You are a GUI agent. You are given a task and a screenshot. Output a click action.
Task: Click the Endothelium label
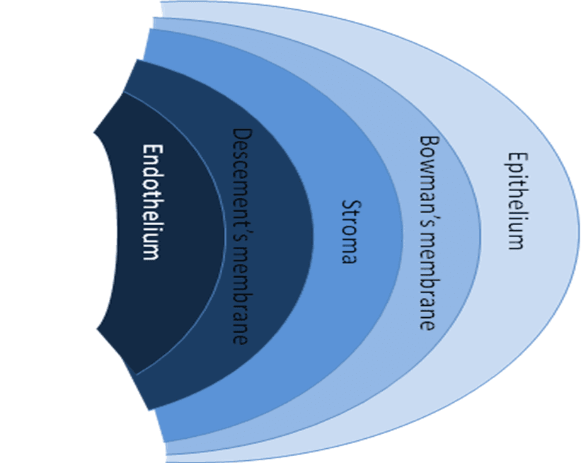[150, 202]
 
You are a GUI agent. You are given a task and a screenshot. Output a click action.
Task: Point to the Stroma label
[348, 232]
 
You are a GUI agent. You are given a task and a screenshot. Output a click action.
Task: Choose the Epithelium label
[517, 200]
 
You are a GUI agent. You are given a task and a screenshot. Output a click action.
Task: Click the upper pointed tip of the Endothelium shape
[95, 132]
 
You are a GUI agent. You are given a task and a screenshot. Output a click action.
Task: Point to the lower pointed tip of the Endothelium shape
[97, 328]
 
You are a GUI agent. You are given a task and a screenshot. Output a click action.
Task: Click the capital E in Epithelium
[517, 156]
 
